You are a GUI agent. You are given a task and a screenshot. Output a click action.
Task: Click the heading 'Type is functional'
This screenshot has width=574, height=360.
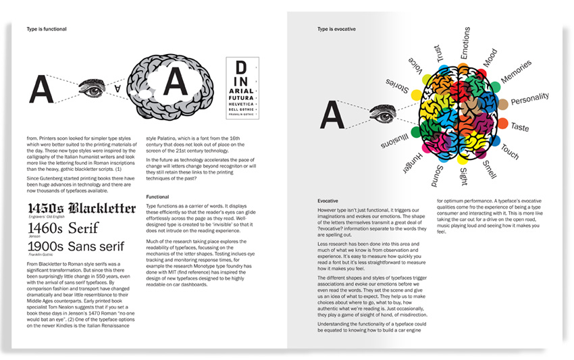point(47,30)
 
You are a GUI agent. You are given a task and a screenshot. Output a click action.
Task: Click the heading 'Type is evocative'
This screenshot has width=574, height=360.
point(337,30)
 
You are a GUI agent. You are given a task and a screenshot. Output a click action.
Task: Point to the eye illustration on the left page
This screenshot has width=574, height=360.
point(93,86)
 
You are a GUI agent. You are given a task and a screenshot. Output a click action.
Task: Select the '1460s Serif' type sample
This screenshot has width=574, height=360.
point(62,228)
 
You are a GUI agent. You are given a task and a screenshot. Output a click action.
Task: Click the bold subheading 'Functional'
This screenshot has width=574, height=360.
point(158,197)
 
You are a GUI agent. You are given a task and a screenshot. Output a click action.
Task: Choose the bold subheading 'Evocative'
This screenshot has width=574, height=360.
point(332,201)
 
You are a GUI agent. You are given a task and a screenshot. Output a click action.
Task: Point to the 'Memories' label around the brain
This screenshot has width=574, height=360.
point(517,73)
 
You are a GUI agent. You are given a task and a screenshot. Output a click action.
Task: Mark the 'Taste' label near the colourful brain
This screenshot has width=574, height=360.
point(520,127)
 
